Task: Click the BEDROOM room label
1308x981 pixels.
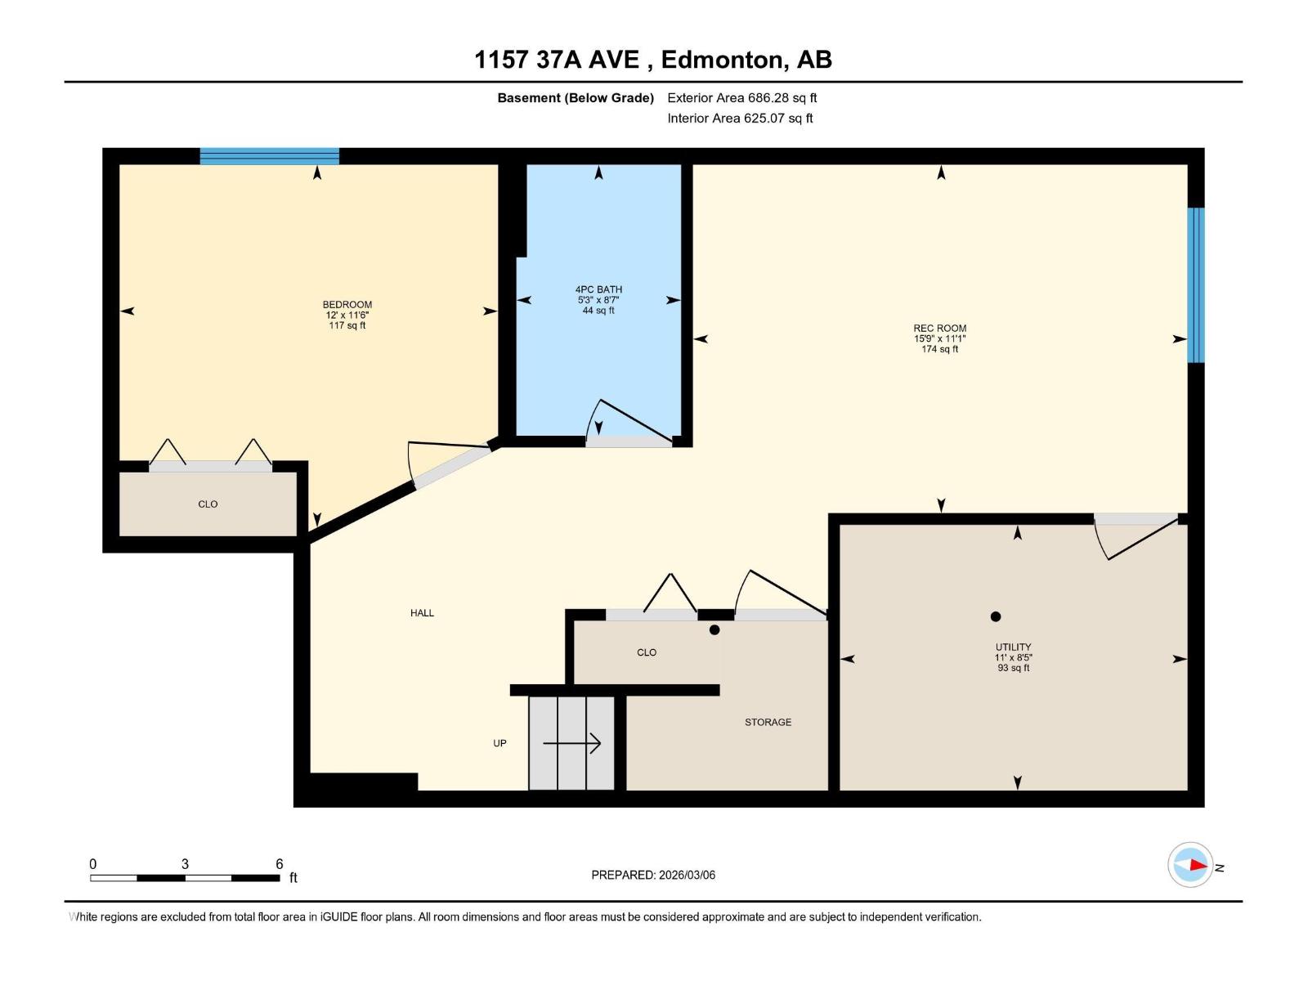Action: pyautogui.click(x=347, y=304)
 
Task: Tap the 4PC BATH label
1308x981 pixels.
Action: pyautogui.click(x=598, y=289)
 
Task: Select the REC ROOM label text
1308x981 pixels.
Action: pyautogui.click(x=940, y=328)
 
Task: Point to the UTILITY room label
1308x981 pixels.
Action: pyautogui.click(x=1013, y=647)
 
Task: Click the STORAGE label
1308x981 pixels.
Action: pyautogui.click(x=768, y=722)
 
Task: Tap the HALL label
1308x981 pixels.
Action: pyautogui.click(x=422, y=613)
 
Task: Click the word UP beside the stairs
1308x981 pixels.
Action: pyautogui.click(x=499, y=743)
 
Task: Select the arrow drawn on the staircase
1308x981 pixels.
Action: pyautogui.click(x=571, y=743)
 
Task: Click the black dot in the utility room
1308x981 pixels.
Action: pyautogui.click(x=995, y=616)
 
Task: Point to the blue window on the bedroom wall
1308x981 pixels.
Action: pyautogui.click(x=269, y=156)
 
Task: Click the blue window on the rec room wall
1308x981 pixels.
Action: pyautogui.click(x=1195, y=284)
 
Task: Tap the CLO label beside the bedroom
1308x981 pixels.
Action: pyautogui.click(x=208, y=504)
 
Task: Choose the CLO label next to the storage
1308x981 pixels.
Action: pyautogui.click(x=647, y=652)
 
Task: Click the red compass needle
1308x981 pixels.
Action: pyautogui.click(x=1198, y=865)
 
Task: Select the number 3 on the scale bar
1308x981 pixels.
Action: pyautogui.click(x=185, y=863)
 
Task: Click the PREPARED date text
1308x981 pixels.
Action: pyautogui.click(x=653, y=875)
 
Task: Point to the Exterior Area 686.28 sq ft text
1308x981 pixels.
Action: pyautogui.click(x=742, y=97)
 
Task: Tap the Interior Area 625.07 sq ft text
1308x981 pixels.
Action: pyautogui.click(x=740, y=118)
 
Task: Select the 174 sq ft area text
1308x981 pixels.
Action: pyautogui.click(x=940, y=349)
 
